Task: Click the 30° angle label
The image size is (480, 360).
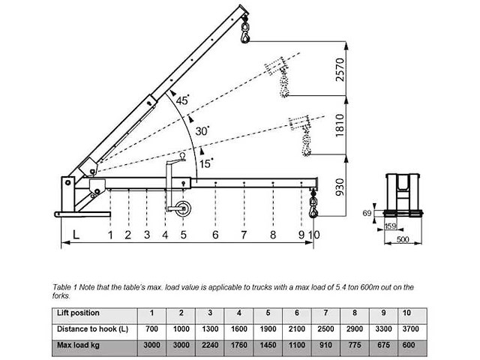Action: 203,130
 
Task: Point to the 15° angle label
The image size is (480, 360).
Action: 206,161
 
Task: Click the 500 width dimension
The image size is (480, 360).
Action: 403,240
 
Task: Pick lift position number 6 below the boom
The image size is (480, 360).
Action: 215,235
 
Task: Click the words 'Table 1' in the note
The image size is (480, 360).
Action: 65,287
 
